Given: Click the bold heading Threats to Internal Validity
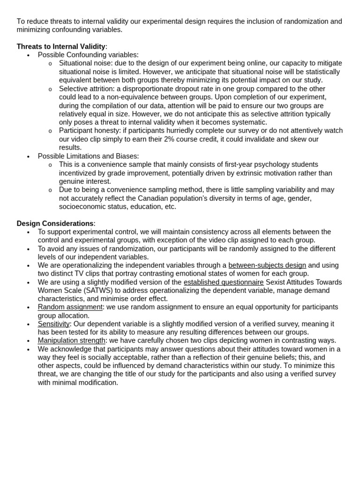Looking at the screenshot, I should point(61,46).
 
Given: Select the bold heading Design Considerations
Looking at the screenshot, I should point(55,224).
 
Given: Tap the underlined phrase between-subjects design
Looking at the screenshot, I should point(267,265).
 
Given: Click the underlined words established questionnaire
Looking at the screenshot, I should point(223,282).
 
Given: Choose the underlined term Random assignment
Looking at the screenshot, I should point(70,307).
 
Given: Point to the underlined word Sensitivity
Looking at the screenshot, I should point(53,324).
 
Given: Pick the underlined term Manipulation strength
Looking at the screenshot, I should point(71,341).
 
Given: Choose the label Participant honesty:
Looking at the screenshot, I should point(90,131).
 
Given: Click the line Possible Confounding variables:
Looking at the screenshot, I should point(88,55).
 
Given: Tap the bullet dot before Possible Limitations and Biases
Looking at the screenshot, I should point(28,157).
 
